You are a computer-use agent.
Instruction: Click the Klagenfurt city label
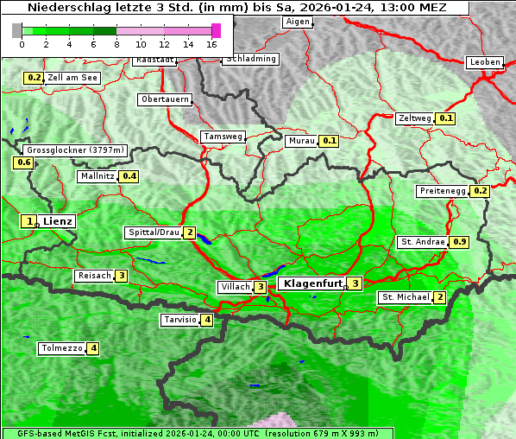(x=312, y=283)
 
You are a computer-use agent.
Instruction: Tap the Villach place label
(x=235, y=287)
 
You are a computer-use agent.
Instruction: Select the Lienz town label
(x=58, y=221)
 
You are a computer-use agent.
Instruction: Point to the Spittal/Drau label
(x=154, y=233)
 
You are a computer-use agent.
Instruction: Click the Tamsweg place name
(x=223, y=137)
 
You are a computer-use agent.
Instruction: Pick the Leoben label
(x=484, y=62)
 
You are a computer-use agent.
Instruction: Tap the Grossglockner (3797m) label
(x=77, y=150)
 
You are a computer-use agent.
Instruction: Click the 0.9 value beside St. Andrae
(x=460, y=242)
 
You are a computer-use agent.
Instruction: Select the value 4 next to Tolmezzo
(x=92, y=349)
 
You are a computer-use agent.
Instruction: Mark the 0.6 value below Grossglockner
(x=24, y=162)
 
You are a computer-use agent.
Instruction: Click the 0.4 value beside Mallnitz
(x=129, y=176)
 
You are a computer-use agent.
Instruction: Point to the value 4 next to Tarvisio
(x=207, y=321)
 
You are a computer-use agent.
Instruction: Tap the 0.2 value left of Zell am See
(x=34, y=78)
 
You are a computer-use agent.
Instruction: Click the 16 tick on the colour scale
(x=211, y=43)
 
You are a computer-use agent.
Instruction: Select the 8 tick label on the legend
(x=116, y=43)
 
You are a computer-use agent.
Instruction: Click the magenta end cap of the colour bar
(x=216, y=30)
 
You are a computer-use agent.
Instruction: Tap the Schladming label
(x=251, y=59)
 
